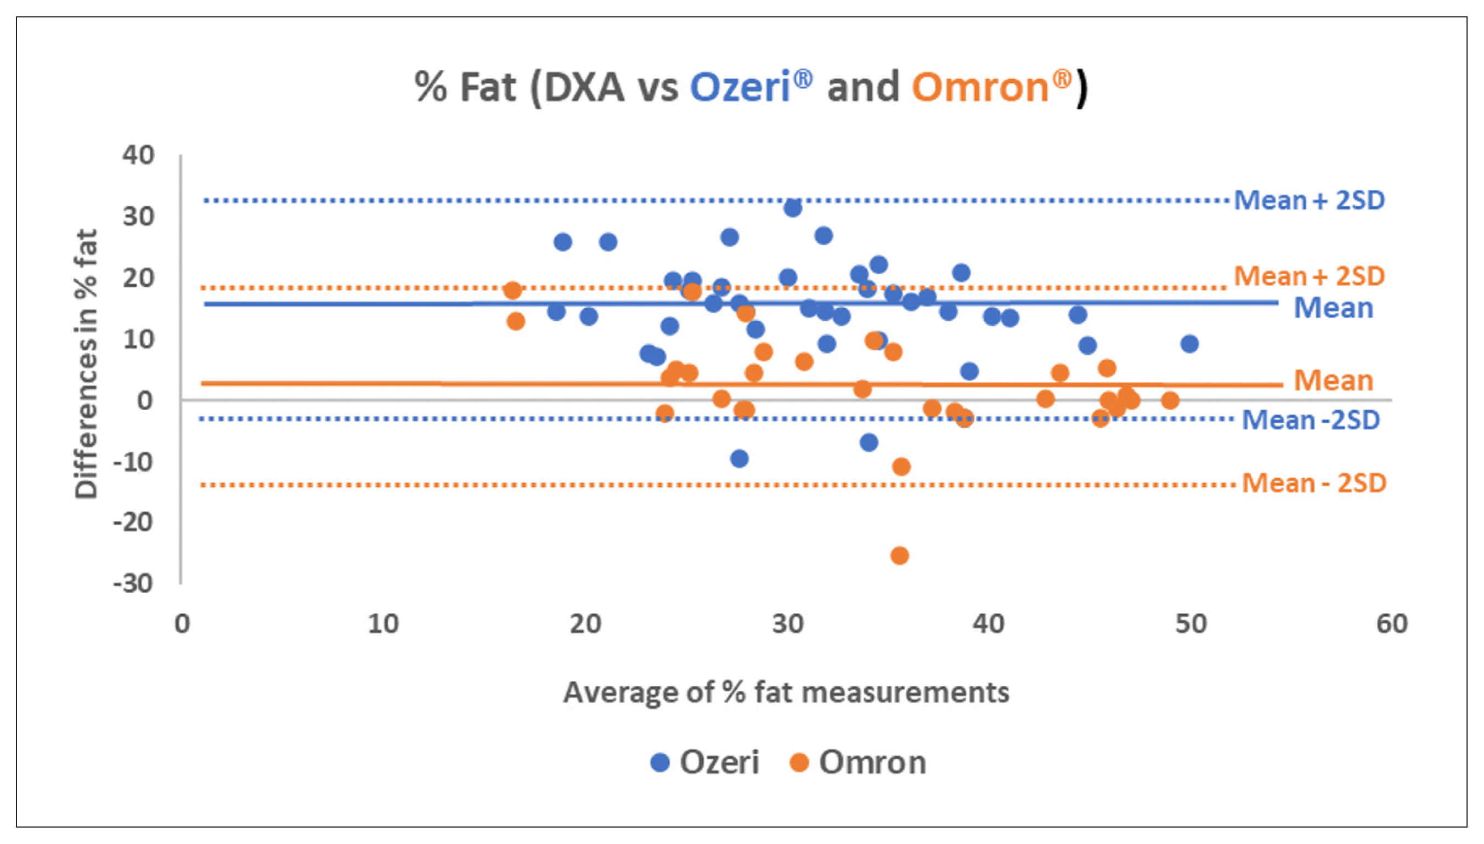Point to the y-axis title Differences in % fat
[86, 364]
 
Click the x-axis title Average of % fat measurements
[786, 692]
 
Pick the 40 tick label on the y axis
[138, 155]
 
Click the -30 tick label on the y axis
[133, 582]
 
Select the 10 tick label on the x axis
[383, 624]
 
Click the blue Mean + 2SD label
[1309, 200]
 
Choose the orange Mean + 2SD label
[1309, 276]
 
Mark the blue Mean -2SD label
[1311, 420]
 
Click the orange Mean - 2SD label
[1313, 483]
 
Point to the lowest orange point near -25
[899, 556]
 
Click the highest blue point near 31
[793, 208]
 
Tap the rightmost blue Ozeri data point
[1189, 344]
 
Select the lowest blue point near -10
[740, 459]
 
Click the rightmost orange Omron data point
[1170, 400]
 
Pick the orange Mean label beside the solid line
[1333, 381]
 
